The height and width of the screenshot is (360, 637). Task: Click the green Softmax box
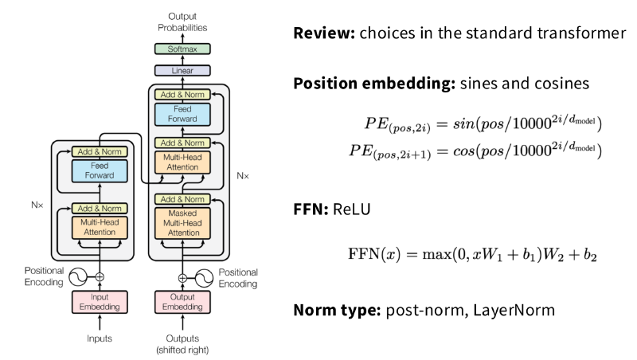182,49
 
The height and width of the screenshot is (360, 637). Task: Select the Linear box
182,70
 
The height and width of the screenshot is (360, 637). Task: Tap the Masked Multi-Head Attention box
182,223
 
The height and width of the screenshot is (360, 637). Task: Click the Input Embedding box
100,302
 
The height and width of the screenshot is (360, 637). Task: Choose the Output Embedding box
182,302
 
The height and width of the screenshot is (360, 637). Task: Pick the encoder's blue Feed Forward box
100,170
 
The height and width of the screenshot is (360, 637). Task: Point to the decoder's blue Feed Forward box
182,114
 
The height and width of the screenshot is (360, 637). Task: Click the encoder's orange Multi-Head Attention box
100,227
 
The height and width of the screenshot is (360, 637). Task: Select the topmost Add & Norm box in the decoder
182,95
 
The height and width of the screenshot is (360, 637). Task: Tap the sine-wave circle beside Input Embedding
77,277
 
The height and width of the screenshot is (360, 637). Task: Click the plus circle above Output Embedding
182,278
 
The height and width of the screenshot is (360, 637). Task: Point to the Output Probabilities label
182,22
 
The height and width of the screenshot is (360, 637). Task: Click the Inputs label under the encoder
100,338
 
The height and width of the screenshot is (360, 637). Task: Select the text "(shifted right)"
182,350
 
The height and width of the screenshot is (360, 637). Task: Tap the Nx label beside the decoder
243,176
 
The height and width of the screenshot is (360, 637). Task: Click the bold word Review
324,33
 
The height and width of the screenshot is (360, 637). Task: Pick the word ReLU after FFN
352,209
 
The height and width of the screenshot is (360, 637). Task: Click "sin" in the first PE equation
463,123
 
